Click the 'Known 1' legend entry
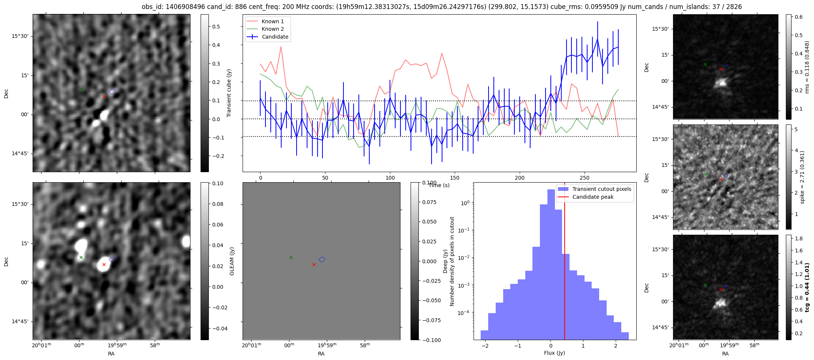[x=273, y=21]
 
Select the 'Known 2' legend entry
[x=273, y=29]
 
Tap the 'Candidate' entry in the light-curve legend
[x=275, y=37]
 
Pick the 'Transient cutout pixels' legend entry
[x=601, y=189]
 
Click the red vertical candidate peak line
[x=564, y=262]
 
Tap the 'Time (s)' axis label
[x=439, y=185]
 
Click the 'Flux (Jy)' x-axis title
[x=554, y=353]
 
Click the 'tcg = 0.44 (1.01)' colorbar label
[x=807, y=287]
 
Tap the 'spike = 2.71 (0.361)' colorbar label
[x=802, y=177]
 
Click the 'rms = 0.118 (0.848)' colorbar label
[x=807, y=67]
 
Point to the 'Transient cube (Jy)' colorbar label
[x=229, y=93]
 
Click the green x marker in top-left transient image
[x=81, y=90]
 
